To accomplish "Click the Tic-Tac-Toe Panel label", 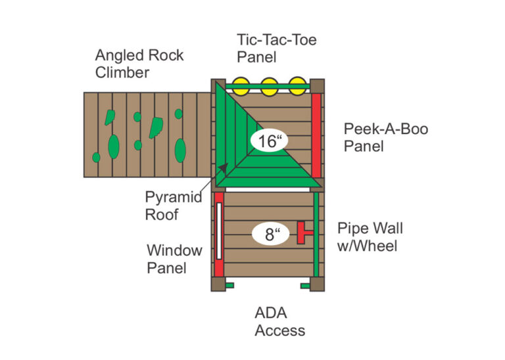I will pos(276,48).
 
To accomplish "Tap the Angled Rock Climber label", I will pos(140,63).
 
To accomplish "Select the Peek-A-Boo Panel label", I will pos(385,137).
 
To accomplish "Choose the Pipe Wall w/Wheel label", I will pos(370,237).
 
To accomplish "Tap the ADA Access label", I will pos(279,322).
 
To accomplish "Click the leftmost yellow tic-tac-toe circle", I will pos(240,85).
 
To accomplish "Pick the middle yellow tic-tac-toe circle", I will pos(269,85).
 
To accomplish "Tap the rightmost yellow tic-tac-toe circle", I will pos(298,85).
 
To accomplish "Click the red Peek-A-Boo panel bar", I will pos(316,135).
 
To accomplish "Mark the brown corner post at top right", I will pos(317,86).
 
